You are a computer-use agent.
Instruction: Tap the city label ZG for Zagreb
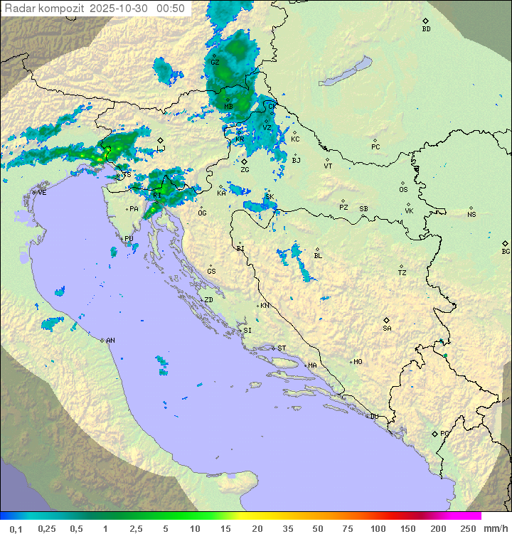(x=245, y=170)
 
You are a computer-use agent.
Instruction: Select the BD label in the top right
(x=426, y=29)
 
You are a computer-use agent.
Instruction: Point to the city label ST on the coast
(x=282, y=348)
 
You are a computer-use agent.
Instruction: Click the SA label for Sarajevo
(x=387, y=329)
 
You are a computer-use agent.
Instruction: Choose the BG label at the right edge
(x=506, y=251)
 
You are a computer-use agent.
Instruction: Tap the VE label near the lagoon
(x=42, y=193)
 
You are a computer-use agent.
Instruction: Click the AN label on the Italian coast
(x=110, y=341)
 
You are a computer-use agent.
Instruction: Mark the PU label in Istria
(x=129, y=239)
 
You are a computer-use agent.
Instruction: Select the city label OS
(x=403, y=190)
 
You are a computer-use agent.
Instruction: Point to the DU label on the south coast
(x=373, y=417)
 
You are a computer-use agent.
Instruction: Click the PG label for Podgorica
(x=444, y=433)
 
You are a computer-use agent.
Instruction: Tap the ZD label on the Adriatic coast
(x=208, y=300)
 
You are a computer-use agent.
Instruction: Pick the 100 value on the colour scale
(x=378, y=528)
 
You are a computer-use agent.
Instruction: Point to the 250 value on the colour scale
(x=468, y=528)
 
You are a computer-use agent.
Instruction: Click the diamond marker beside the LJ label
(x=161, y=140)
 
